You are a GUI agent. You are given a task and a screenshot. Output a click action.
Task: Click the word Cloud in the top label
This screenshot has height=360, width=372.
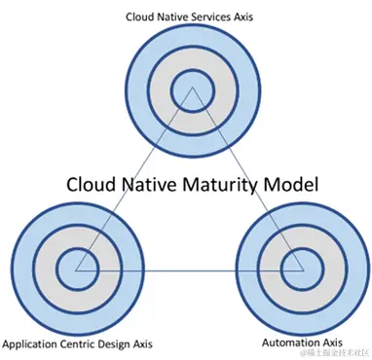[x=142, y=17]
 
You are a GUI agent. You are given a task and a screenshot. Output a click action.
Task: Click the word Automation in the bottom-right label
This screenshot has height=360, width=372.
[x=289, y=343]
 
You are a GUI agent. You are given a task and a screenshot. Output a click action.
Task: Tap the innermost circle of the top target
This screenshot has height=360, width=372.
[x=191, y=94]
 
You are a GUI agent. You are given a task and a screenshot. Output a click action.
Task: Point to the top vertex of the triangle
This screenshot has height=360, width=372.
[x=192, y=89]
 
